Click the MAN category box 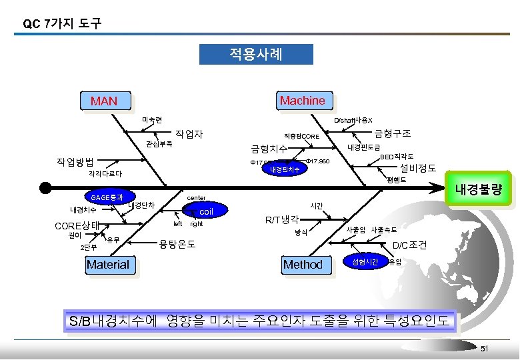pos(104,101)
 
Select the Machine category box pos(302,101)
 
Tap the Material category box pos(108,265)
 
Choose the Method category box pos(303,265)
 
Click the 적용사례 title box pos(256,54)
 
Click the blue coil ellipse pos(206,212)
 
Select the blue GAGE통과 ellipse pos(107,197)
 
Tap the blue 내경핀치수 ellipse pos(284,169)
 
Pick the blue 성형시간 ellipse pos(365,262)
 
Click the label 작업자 pos(188,134)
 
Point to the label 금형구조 pos(393,133)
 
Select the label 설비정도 pos(417,168)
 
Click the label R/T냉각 pos(282,219)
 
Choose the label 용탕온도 pos(177,244)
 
